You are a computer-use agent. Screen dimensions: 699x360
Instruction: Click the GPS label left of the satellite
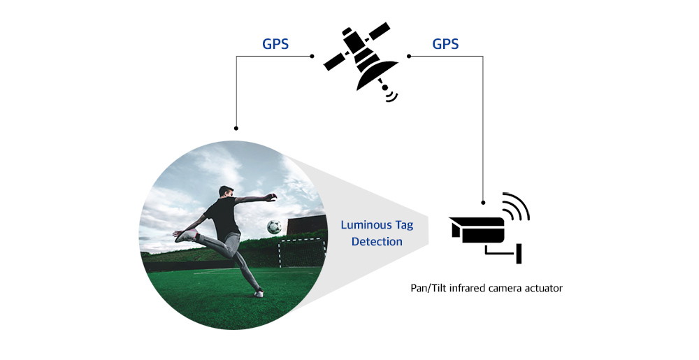275,43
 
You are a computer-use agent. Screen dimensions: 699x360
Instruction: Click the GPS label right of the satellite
445,43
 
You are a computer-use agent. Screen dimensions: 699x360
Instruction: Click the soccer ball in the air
274,226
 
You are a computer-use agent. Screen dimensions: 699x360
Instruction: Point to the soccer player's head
226,192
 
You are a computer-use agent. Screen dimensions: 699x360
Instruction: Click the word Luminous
364,224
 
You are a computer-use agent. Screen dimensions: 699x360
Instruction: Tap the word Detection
377,241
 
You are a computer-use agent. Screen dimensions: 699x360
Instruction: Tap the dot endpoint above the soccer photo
236,129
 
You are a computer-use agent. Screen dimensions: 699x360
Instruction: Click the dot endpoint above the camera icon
483,203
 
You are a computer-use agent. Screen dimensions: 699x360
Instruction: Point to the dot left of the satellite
312,56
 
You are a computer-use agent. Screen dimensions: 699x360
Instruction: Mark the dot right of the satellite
409,56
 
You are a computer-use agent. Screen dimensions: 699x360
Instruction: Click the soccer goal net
301,252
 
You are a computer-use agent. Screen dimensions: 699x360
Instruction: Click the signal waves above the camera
516,206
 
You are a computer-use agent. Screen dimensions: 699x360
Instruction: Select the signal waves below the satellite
391,96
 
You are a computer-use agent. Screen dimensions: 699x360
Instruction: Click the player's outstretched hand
271,197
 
